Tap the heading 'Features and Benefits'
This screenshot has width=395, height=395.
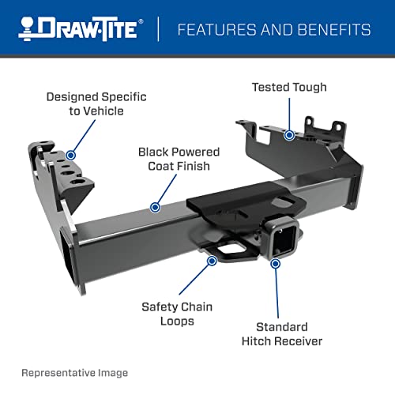[x=274, y=30]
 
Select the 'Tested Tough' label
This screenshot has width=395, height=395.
[x=289, y=86]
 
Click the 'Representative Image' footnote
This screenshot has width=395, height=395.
[x=74, y=372]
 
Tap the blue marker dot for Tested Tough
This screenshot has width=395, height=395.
[x=289, y=135]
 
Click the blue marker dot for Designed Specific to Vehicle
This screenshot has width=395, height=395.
[x=71, y=155]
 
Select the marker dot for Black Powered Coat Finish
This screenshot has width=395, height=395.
[x=155, y=207]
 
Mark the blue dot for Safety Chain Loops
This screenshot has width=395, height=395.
[x=212, y=259]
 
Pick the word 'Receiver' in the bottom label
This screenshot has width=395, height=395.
[x=303, y=341]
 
